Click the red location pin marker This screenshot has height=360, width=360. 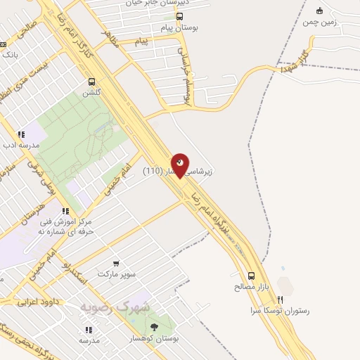[180, 165]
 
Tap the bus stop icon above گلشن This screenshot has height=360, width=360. [91, 82]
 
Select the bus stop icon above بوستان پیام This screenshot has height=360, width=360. [180, 16]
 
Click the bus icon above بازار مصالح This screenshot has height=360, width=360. [252, 276]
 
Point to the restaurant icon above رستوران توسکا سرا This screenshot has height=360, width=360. [281, 299]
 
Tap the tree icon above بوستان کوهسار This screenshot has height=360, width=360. [154, 327]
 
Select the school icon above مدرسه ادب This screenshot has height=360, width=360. [21, 134]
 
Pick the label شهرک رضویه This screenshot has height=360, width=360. [114, 307]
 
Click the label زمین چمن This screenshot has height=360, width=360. [320, 22]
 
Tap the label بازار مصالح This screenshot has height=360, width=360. [252, 287]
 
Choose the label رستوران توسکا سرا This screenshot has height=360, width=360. [280, 310]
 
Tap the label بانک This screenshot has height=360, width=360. [8, 54]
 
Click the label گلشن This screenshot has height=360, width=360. [91, 93]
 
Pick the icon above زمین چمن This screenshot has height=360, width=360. [320, 11]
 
